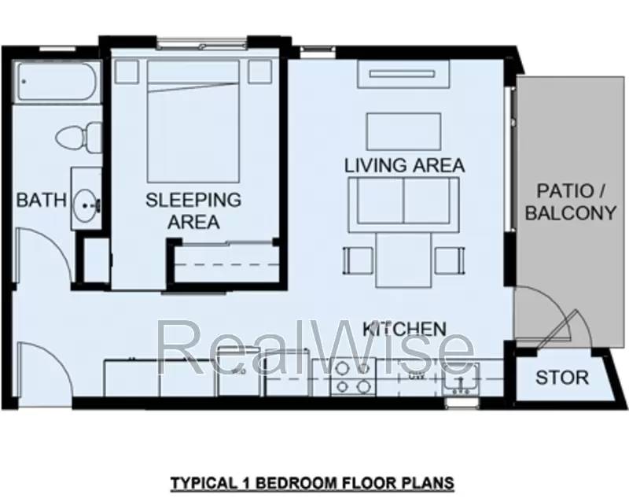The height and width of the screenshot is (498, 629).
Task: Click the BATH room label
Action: click(42, 200)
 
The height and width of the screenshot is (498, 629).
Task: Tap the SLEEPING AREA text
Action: click(193, 211)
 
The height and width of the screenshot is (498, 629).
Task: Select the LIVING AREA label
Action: click(404, 165)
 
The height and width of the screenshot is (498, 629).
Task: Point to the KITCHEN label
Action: click(404, 328)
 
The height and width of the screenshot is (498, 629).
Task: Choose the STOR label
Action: click(561, 378)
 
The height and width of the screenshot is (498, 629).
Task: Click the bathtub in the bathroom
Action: click(57, 83)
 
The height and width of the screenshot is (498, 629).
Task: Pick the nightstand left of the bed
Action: click(126, 72)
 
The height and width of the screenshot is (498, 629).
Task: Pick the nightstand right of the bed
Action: click(259, 72)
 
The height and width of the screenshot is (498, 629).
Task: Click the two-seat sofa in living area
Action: click(404, 201)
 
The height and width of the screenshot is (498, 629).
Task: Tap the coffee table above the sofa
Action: click(404, 129)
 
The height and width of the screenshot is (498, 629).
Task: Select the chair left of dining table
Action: click(357, 259)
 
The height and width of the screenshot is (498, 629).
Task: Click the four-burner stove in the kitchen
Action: click(351, 378)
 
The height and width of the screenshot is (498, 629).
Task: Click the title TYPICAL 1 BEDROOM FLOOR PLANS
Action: click(314, 479)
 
